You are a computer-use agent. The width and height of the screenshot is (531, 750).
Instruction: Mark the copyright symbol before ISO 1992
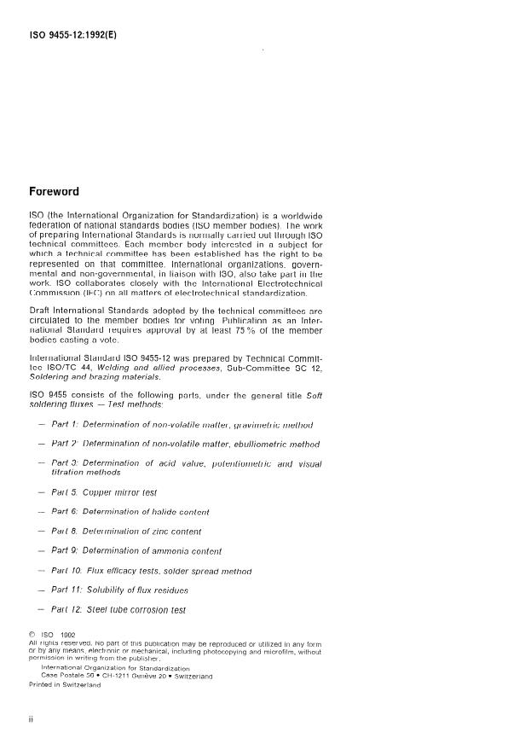[x=32, y=635]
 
